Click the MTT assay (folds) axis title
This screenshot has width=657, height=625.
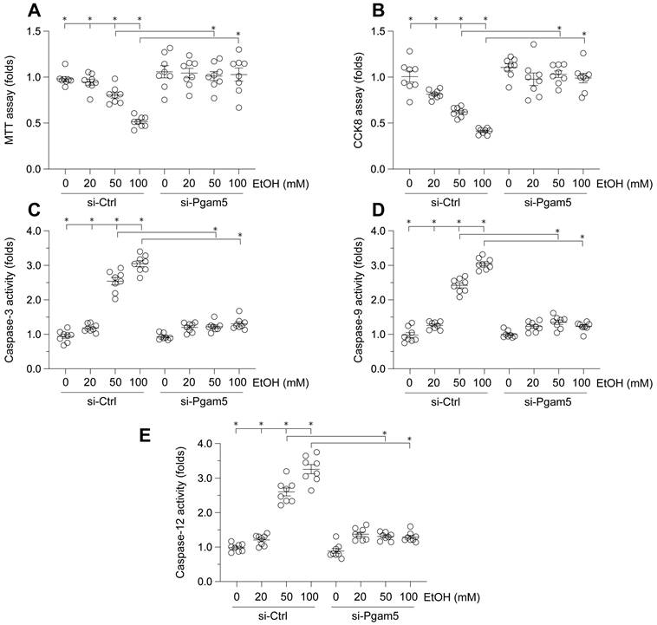click(10, 100)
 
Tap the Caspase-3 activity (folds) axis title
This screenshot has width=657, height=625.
click(10, 300)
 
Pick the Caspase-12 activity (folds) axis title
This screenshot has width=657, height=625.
click(179, 512)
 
